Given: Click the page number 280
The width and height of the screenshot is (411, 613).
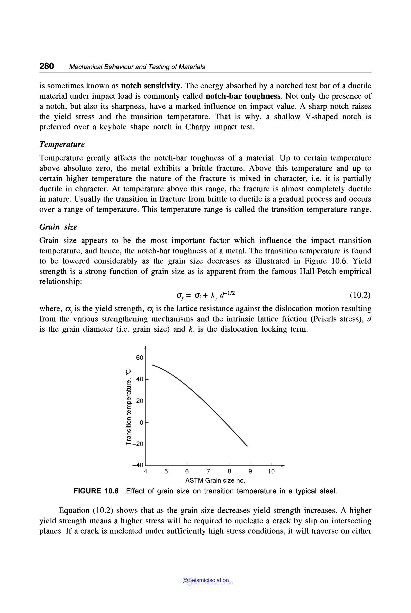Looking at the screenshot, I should tap(47, 66).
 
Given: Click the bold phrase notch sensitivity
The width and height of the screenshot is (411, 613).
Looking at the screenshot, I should tap(151, 86).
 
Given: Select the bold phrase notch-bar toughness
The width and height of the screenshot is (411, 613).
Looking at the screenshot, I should tap(243, 96).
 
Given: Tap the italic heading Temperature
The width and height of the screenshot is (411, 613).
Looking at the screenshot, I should tap(62, 144).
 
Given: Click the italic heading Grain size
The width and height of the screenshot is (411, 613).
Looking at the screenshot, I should tap(58, 227).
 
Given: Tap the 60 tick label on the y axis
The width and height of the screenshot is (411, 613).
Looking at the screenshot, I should tap(139, 358).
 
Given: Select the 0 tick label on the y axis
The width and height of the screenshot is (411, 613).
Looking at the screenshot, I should tap(141, 422).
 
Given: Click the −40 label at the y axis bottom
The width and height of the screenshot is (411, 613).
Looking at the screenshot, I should tap(138, 465).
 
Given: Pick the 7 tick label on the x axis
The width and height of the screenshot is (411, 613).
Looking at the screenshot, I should tap(208, 472).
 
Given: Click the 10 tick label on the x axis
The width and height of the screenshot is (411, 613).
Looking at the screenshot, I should tap(271, 472).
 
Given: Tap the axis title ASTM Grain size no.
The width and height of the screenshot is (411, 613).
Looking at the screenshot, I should tap(215, 481).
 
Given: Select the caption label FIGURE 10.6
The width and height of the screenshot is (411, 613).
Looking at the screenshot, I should tap(96, 491).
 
